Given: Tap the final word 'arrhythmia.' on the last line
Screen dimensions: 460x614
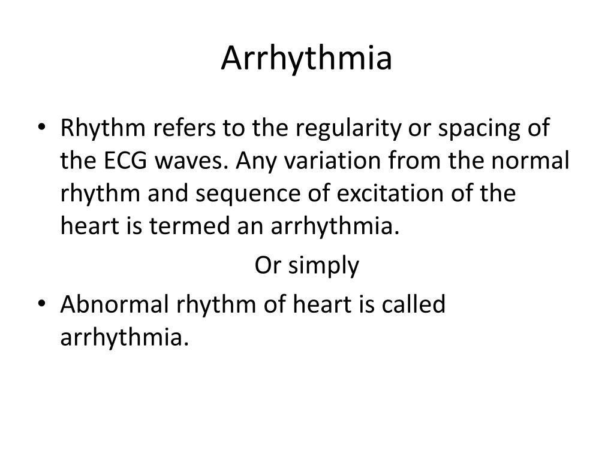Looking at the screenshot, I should pyautogui.click(x=124, y=338).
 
